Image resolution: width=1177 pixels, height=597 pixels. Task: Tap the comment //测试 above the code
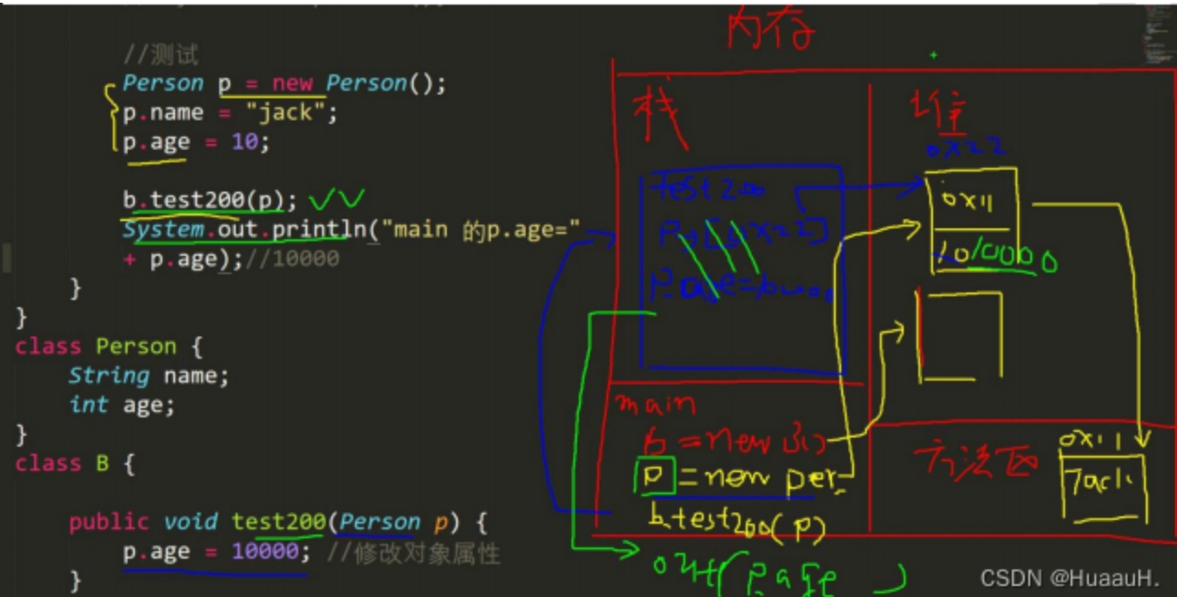(x=161, y=55)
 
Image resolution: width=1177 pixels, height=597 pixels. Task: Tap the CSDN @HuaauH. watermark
(x=1070, y=578)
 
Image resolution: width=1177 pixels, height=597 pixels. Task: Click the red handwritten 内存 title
(x=771, y=31)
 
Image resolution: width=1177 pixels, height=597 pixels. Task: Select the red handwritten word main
(x=655, y=404)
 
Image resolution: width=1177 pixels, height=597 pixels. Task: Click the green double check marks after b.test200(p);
(x=337, y=199)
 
